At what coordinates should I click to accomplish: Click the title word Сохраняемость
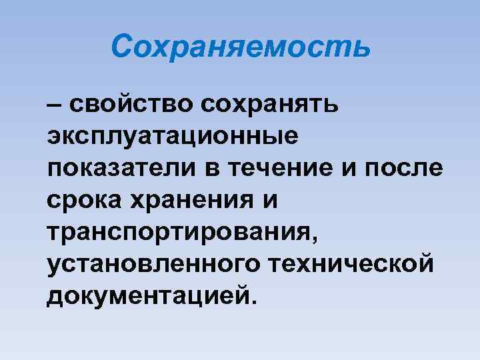pyautogui.click(x=240, y=47)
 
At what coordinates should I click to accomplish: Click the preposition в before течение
pyautogui.click(x=216, y=165)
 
